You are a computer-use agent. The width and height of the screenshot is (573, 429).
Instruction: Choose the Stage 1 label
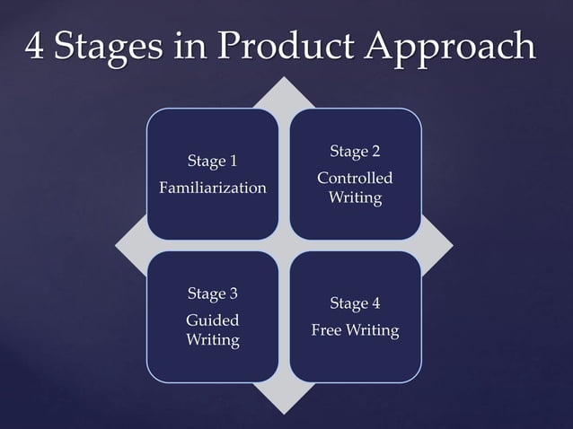click(212, 162)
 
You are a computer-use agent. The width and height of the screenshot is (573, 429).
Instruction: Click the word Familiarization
click(212, 188)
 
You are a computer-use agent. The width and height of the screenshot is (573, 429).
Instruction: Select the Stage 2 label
click(355, 150)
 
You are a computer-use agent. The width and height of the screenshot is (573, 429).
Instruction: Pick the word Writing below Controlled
click(355, 197)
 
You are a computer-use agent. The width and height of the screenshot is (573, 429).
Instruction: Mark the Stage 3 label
click(212, 293)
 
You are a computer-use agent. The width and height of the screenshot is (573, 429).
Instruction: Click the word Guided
click(212, 320)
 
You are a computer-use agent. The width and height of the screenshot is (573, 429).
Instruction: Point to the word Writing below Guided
click(212, 340)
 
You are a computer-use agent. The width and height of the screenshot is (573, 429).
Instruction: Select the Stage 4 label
click(355, 302)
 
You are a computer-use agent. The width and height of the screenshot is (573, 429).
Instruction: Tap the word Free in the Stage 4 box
click(327, 330)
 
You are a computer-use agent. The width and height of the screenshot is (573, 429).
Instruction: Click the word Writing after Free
click(373, 330)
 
